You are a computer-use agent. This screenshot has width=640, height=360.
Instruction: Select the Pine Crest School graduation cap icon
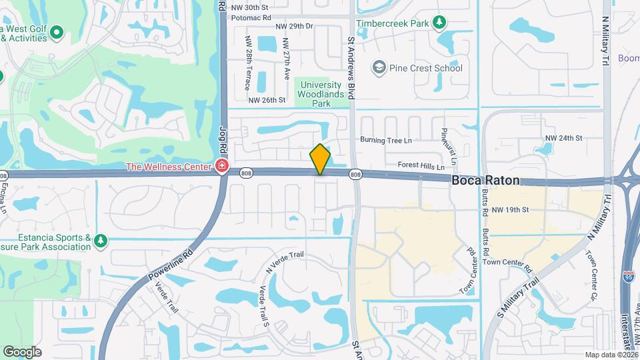pyautogui.click(x=379, y=67)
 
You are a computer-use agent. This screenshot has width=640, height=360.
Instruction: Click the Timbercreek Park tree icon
pyautogui.click(x=439, y=23)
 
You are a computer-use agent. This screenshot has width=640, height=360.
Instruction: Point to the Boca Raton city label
pyautogui.click(x=485, y=181)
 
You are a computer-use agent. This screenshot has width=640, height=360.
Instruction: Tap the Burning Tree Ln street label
pyautogui.click(x=386, y=140)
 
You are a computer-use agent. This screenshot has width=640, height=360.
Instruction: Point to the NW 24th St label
pyautogui.click(x=564, y=138)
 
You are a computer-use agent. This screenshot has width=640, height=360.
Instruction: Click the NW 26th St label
pyautogui.click(x=267, y=100)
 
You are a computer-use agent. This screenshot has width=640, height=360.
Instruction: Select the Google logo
pyautogui.click(x=22, y=351)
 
